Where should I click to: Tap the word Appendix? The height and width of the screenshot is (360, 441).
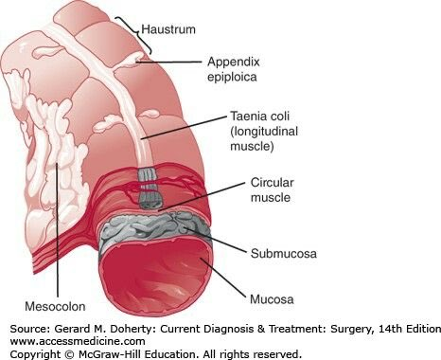(x=232, y=62)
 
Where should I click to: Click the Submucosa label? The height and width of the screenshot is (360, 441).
(x=281, y=253)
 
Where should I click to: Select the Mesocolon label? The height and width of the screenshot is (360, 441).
(x=58, y=307)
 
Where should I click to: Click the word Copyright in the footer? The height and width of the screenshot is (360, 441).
(x=32, y=354)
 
